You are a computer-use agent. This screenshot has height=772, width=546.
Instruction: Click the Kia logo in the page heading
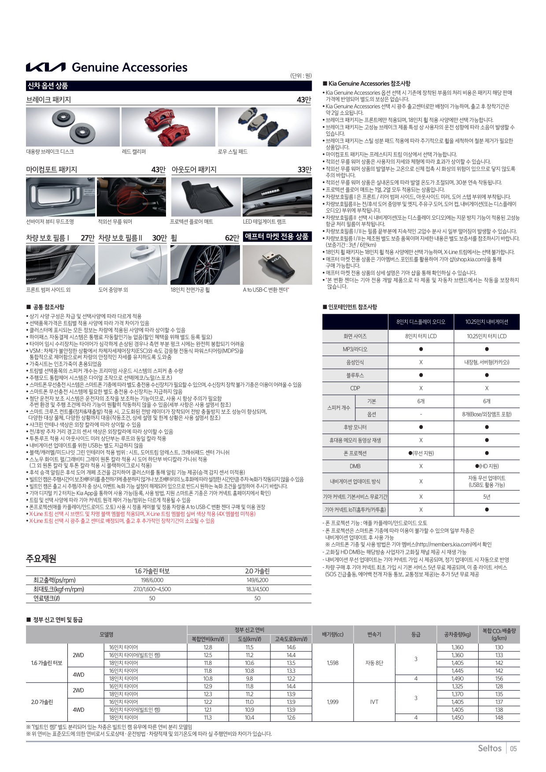[x=46, y=67]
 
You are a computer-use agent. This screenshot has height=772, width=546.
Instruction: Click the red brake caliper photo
[x=168, y=127]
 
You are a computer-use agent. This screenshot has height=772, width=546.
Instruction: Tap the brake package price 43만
[x=304, y=100]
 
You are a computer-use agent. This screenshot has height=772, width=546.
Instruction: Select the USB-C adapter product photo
[x=277, y=265]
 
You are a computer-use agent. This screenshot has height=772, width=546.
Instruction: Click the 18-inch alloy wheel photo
[x=205, y=265]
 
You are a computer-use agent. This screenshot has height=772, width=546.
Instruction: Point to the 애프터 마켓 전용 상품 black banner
[x=277, y=237]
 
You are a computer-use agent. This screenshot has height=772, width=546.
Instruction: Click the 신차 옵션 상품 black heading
[x=48, y=86]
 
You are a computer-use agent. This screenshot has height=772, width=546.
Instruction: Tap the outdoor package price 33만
[x=304, y=170]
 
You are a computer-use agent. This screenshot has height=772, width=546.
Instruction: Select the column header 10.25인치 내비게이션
[x=487, y=322]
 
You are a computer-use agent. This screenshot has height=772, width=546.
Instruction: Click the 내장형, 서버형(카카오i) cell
[x=487, y=362]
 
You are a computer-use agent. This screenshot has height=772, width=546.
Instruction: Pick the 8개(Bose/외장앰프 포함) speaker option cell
[x=487, y=414]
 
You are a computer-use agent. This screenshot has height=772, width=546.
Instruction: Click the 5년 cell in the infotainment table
[x=487, y=497]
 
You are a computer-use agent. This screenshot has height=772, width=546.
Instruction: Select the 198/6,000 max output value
[x=152, y=580]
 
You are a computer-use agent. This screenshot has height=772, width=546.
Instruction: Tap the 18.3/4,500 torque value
[x=257, y=589]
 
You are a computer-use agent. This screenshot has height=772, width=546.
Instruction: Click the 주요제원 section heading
[x=41, y=559]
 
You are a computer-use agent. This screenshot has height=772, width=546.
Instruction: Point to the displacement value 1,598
[x=332, y=663]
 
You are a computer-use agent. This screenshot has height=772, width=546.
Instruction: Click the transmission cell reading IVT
[x=374, y=702]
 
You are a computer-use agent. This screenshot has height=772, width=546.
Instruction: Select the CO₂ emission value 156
[x=499, y=679]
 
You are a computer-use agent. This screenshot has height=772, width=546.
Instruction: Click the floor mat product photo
[x=206, y=197]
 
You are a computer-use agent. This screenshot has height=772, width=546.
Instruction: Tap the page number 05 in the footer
[x=513, y=748]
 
